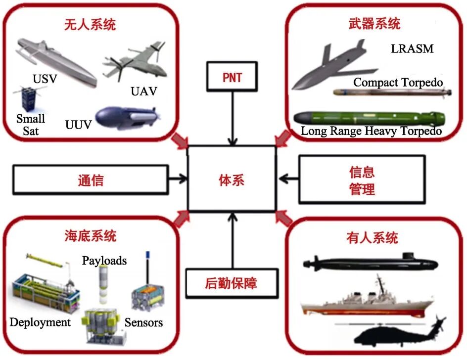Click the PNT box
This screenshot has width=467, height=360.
[x=232, y=78]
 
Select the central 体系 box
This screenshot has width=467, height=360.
[x=232, y=179]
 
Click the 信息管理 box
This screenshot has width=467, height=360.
[x=362, y=180]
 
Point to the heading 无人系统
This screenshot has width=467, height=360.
[x=90, y=25]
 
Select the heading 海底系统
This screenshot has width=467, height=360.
[x=90, y=236]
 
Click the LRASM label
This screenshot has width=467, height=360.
[x=412, y=48]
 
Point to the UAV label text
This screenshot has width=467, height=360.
[x=143, y=91]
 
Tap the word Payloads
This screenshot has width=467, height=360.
[x=104, y=260]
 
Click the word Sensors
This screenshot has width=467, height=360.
[x=143, y=322]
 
